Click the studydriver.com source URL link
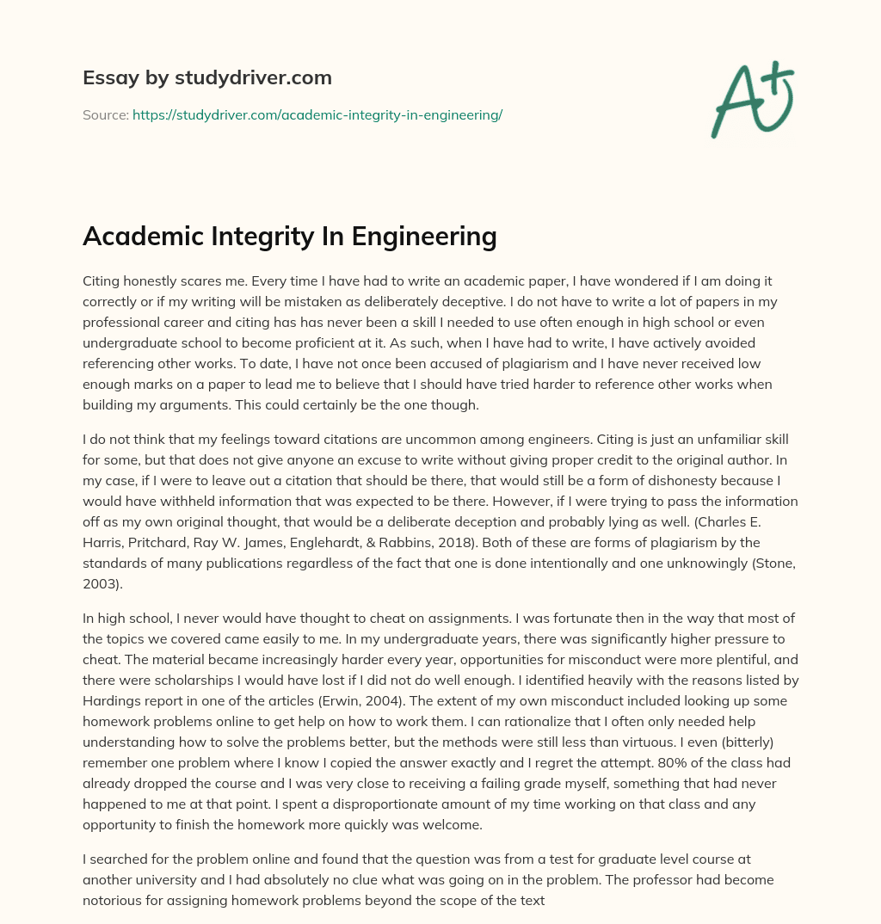click(317, 114)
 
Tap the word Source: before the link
click(105, 114)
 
